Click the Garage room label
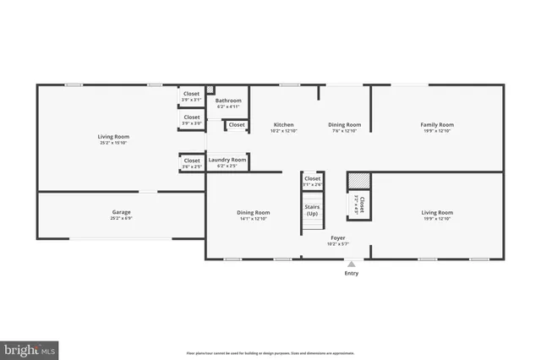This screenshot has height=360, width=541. tap(122, 212)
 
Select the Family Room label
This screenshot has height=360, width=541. tap(437, 125)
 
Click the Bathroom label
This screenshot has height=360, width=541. tap(228, 101)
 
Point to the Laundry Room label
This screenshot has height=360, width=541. tap(227, 160)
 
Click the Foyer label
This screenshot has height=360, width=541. tap(338, 238)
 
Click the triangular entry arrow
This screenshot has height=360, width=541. tap(351, 265)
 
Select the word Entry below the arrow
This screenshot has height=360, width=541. tap(351, 274)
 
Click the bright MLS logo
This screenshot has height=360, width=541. tap(30, 347)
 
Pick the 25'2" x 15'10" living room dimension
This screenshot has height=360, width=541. tap(112, 142)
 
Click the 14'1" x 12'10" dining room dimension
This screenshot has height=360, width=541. tap(254, 219)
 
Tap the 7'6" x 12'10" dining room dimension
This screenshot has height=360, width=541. tap(344, 131)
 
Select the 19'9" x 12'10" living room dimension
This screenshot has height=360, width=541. tap(437, 219)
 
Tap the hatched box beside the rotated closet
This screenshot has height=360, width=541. tap(359, 182)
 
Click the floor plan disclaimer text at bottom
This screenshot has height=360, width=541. tap(270, 353)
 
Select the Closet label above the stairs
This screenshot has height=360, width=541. tap(313, 179)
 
